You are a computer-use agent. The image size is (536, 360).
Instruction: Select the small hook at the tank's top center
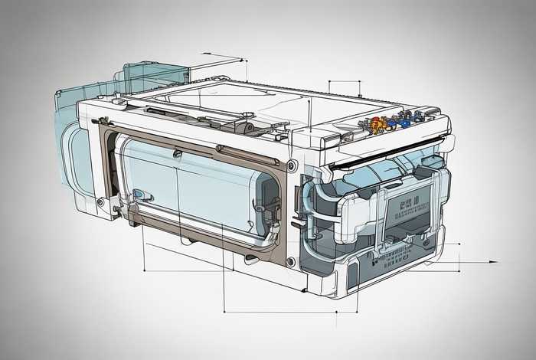pyautogui.click(x=178, y=153)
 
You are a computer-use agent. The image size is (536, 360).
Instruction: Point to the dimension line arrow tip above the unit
pyautogui.click(x=243, y=59)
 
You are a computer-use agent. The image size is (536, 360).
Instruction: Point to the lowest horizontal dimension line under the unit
pyautogui.click(x=291, y=311)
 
